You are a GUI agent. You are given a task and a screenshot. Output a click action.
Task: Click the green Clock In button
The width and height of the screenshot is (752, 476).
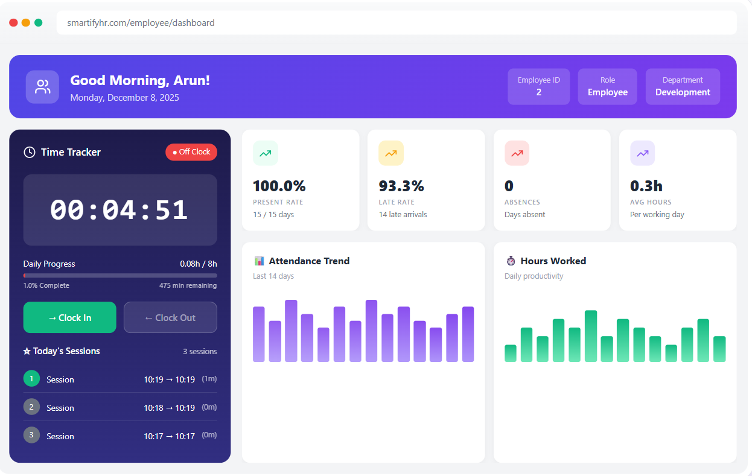[x=69, y=317]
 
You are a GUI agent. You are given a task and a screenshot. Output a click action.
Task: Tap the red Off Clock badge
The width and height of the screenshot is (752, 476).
[x=191, y=152]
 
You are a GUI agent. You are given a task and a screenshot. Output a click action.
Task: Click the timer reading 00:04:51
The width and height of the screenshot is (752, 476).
[x=119, y=210]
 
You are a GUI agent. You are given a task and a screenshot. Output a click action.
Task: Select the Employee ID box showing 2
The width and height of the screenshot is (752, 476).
[x=538, y=87]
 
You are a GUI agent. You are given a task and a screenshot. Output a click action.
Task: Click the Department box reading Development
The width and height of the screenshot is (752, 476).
[x=683, y=87]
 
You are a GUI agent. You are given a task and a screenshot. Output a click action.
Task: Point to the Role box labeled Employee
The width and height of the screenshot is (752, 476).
[x=607, y=87]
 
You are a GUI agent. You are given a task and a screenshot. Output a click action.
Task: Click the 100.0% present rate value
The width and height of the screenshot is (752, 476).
[x=279, y=186]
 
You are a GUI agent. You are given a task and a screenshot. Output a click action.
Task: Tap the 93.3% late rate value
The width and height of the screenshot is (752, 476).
[x=401, y=186]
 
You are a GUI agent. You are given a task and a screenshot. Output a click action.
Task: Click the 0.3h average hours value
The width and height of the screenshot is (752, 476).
[x=646, y=186]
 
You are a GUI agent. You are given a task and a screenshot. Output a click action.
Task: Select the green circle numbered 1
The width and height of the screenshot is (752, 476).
[x=31, y=378]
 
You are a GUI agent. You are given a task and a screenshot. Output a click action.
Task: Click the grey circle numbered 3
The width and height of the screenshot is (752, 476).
[x=31, y=435]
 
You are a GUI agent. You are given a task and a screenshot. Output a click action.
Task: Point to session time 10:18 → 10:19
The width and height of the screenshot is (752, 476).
[x=169, y=408]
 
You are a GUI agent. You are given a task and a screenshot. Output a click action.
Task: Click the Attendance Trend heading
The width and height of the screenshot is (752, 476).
[x=309, y=261]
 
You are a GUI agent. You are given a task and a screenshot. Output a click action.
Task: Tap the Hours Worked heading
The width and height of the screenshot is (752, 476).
[x=553, y=261]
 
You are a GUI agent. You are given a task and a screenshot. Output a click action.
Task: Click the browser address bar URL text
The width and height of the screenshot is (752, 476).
[x=141, y=23]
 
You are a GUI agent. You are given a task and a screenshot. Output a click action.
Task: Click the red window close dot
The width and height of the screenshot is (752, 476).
[x=13, y=22]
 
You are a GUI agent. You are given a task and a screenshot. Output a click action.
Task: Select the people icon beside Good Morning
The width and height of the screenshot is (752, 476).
[x=42, y=87]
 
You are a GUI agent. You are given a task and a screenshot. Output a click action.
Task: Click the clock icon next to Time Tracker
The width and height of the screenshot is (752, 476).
[x=29, y=152]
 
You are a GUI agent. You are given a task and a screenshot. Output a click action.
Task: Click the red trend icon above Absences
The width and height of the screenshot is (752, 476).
[x=517, y=153]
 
